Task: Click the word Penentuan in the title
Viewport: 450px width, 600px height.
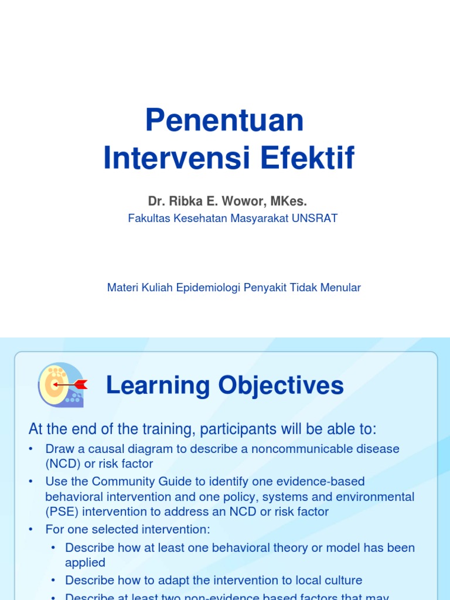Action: click(x=224, y=120)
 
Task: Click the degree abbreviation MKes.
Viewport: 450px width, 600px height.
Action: click(x=289, y=202)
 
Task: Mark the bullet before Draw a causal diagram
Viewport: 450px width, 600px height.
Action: click(x=31, y=449)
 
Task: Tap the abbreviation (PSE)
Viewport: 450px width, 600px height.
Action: click(x=62, y=512)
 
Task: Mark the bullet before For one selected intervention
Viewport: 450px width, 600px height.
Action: click(x=31, y=530)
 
